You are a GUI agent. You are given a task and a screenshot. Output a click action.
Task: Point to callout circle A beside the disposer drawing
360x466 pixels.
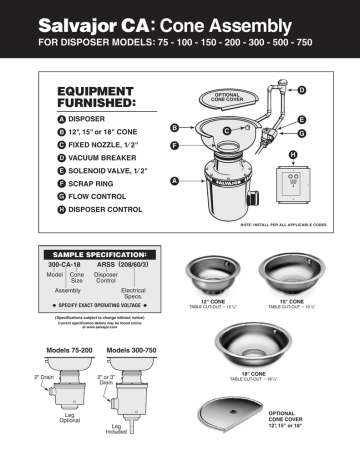coord(175,181)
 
